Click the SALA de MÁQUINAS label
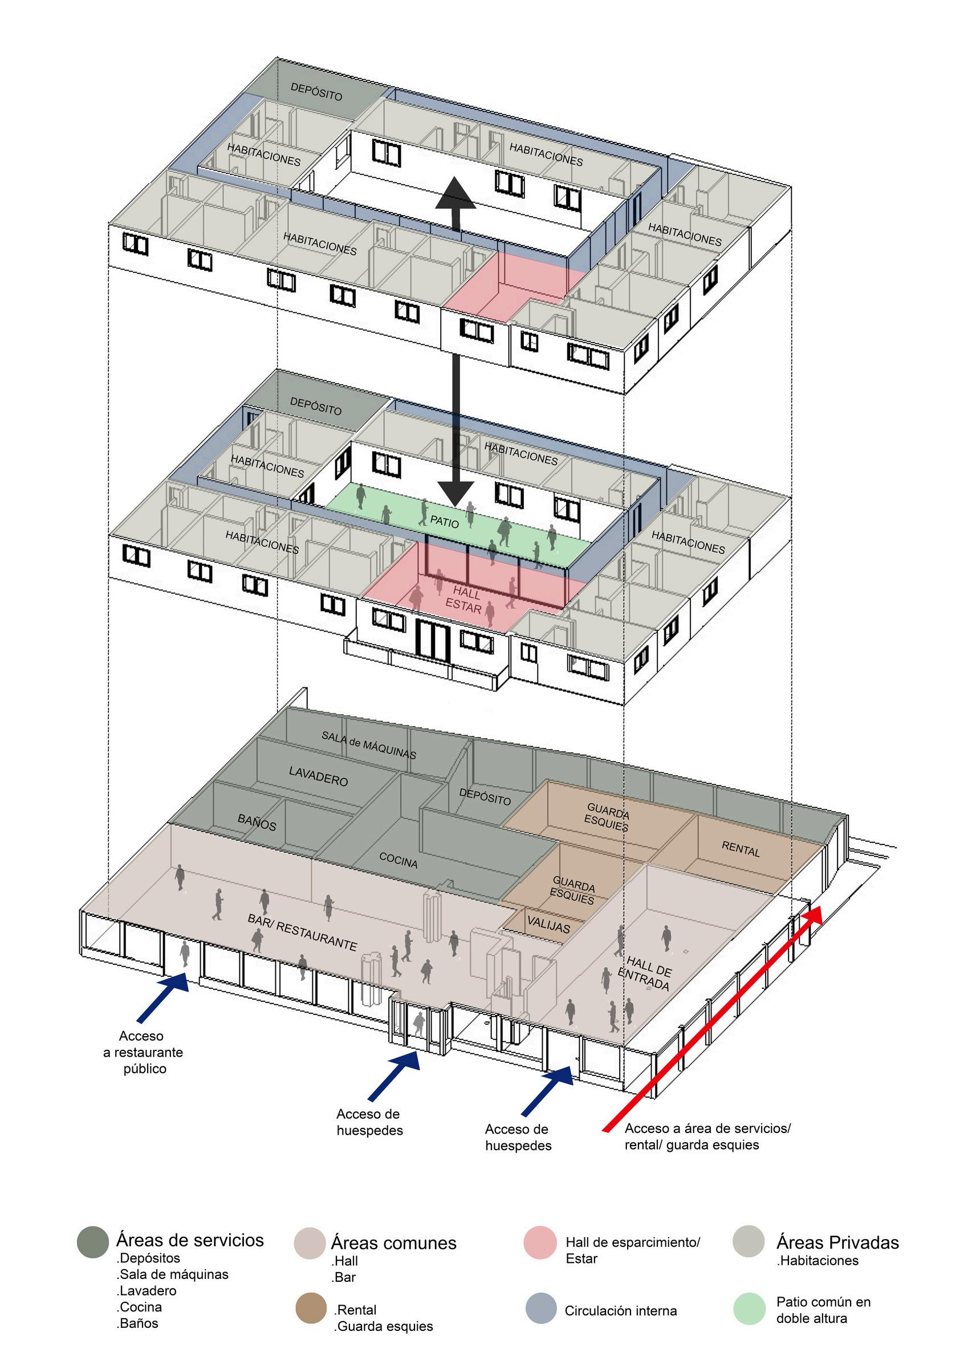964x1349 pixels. click(x=369, y=744)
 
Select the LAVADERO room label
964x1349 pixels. click(x=318, y=776)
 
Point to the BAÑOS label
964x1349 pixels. click(x=257, y=822)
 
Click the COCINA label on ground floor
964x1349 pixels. click(x=398, y=860)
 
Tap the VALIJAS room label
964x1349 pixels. click(x=548, y=924)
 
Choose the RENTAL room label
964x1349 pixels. click(x=740, y=849)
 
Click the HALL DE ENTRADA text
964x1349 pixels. click(x=645, y=973)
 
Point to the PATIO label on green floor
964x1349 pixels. click(x=445, y=522)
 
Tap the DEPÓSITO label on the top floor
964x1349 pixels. click(x=316, y=91)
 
